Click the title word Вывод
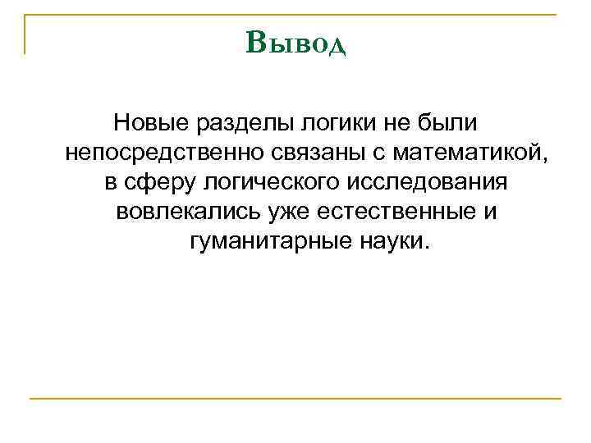295,42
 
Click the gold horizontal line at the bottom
295,399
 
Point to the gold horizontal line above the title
295,14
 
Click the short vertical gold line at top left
25,34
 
